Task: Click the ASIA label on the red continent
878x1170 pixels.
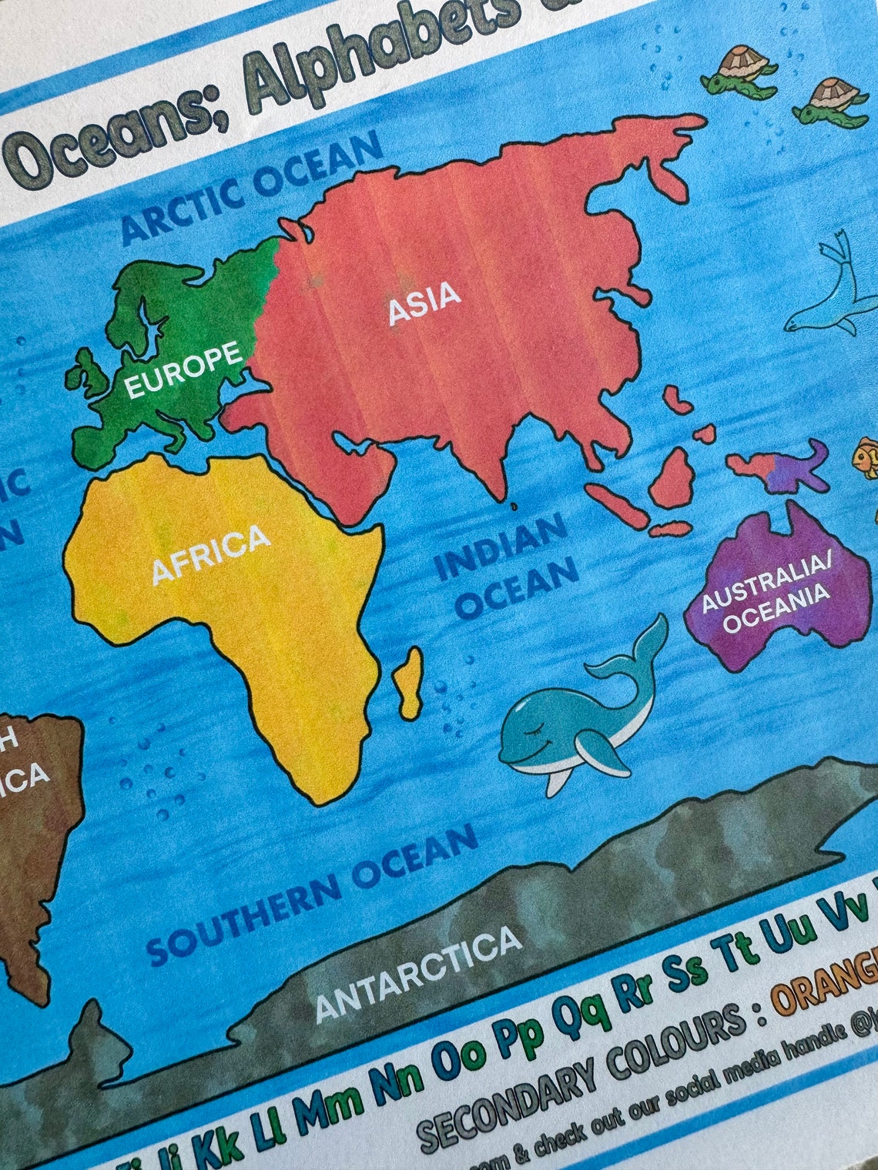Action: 424,302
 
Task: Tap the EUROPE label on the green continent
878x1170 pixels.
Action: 183,370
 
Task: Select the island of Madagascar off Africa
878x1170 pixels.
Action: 410,681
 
